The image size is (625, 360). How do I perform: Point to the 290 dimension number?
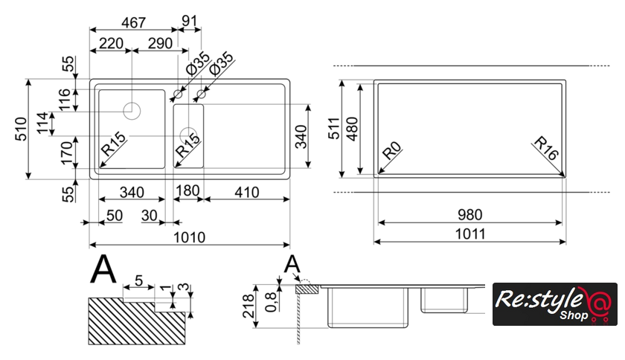point(155,44)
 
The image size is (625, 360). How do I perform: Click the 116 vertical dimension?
point(66,99)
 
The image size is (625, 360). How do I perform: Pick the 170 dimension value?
point(66,153)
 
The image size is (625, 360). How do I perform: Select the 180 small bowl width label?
point(187,192)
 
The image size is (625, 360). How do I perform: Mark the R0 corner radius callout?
point(391,153)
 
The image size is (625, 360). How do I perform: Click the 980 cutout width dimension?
point(469,214)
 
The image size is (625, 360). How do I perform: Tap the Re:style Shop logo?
point(555,304)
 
